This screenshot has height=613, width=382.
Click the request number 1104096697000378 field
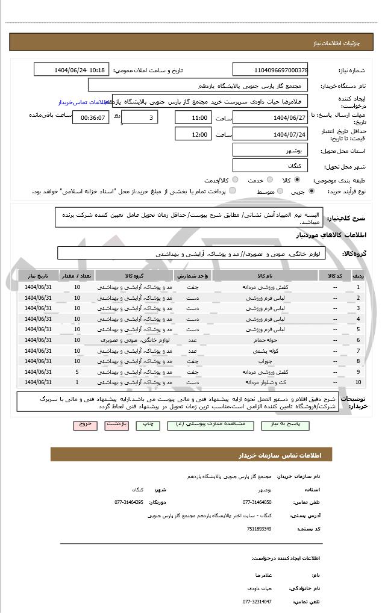click(270, 70)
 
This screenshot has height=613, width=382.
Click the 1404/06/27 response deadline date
click(270, 117)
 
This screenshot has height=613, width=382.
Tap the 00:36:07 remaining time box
click(90, 117)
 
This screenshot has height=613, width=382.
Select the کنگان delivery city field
click(270, 165)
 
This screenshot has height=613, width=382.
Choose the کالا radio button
click(297, 180)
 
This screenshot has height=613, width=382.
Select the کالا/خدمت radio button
click(235, 180)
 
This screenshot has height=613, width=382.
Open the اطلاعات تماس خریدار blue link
click(83, 102)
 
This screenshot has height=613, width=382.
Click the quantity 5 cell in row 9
click(77, 372)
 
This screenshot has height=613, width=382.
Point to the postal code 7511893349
click(259, 529)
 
